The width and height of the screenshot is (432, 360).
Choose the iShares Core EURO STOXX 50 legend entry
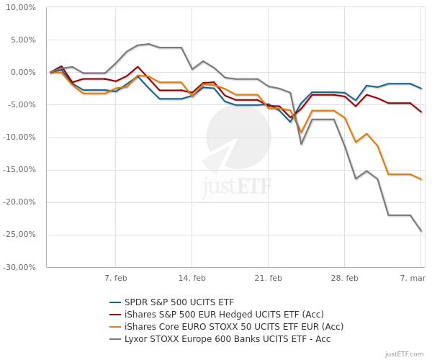point(215,326)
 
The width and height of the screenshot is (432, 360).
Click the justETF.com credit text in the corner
point(406,354)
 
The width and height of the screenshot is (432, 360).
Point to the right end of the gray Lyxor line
point(421,231)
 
